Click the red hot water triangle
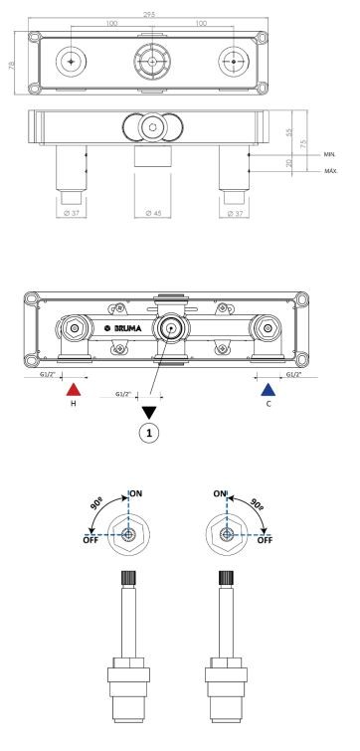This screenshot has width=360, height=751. point(74,390)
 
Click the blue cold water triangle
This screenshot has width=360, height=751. point(269,390)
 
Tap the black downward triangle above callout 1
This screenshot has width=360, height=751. point(149,413)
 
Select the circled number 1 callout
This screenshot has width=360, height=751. point(149,434)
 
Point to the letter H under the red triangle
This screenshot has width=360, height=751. point(74,404)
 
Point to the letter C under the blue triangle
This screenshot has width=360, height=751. point(269,404)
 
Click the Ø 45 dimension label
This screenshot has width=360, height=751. point(153,213)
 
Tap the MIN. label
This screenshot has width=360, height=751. point(330,155)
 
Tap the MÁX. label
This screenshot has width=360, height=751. point(331,171)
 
